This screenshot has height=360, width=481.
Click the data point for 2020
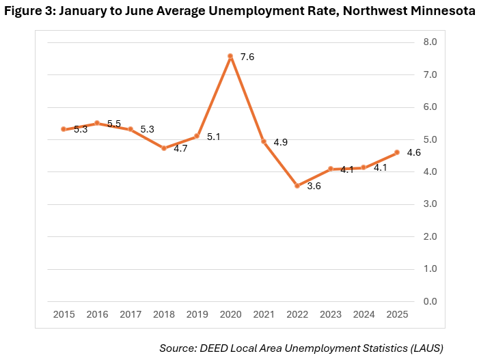[x=230, y=56]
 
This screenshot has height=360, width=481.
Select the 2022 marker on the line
[x=297, y=185]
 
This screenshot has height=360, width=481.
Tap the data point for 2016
[x=97, y=124]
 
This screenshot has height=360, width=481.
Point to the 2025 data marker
[x=397, y=152]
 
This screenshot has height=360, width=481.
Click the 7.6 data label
[x=247, y=57]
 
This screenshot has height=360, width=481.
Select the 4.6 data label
[x=413, y=152]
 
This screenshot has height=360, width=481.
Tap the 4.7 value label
[x=180, y=148]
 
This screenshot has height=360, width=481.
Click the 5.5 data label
[x=114, y=124]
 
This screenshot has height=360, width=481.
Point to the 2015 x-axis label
[x=64, y=314]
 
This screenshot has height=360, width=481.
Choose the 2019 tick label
[x=197, y=314]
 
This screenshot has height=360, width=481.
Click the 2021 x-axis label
[x=264, y=314]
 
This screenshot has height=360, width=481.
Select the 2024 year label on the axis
[x=363, y=314]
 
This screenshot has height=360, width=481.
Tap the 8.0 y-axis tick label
[x=431, y=42]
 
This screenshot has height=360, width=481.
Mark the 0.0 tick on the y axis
[x=431, y=301]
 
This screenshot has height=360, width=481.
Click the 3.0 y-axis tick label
[x=431, y=204]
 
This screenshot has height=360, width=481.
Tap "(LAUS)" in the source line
[x=424, y=348]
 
